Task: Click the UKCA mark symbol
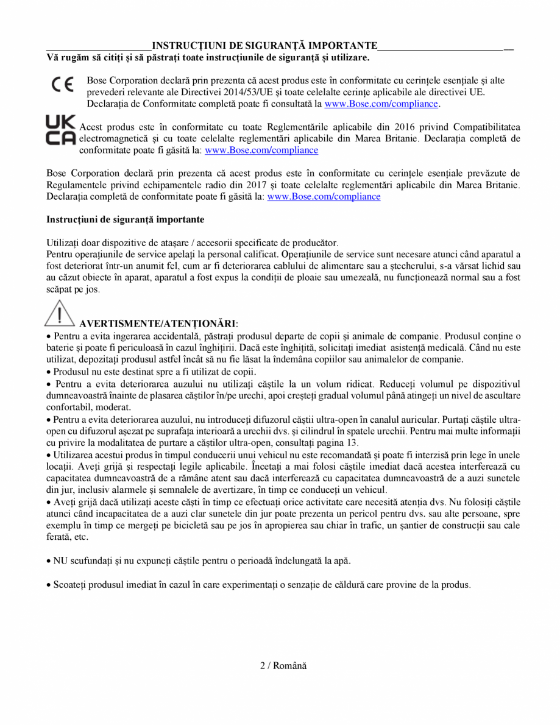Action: pyautogui.click(x=61, y=129)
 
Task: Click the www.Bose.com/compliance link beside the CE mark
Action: pyautogui.click(x=381, y=104)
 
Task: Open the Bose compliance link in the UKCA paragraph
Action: pyautogui.click(x=261, y=150)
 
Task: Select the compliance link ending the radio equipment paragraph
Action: pyautogui.click(x=324, y=196)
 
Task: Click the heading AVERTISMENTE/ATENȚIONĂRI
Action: pyautogui.click(x=157, y=323)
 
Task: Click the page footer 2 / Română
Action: pyautogui.click(x=283, y=665)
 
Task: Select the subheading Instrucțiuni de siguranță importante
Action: pyautogui.click(x=126, y=219)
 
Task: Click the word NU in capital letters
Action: pyautogui.click(x=60, y=560)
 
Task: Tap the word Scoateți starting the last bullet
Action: pyautogui.click(x=71, y=584)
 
